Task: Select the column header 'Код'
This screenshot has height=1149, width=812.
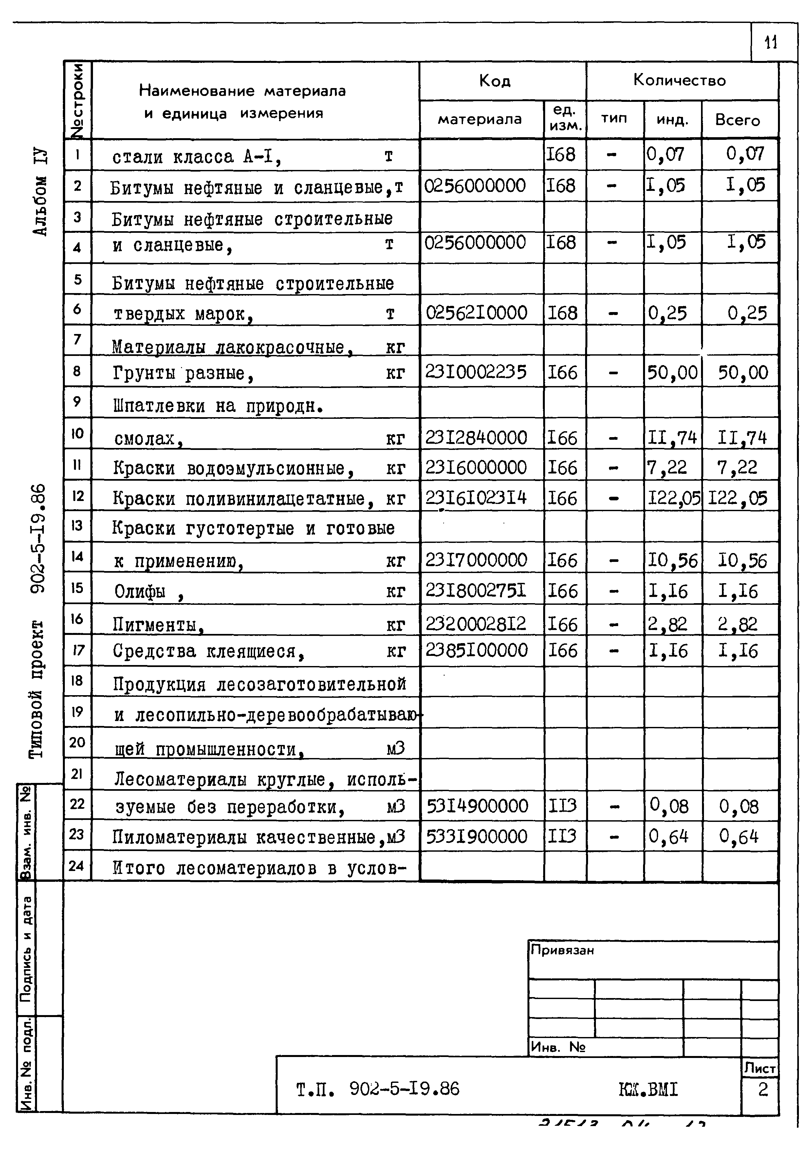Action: click(494, 81)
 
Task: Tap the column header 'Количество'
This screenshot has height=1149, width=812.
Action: click(679, 80)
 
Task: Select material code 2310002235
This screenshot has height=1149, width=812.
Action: click(476, 372)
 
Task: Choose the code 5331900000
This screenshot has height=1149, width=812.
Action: click(477, 837)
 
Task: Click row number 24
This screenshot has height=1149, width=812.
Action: click(77, 865)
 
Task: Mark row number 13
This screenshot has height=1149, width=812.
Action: click(77, 526)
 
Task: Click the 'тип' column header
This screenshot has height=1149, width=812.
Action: click(614, 119)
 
